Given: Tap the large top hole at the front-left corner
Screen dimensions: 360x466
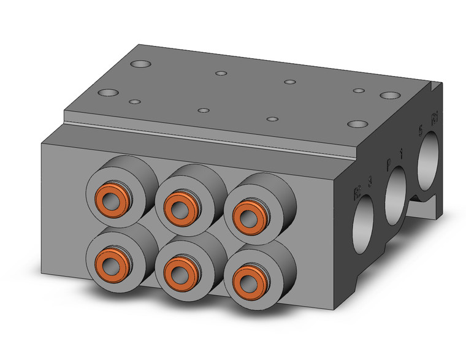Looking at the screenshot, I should (109, 93).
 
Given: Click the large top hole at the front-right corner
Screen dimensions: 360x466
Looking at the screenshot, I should (356, 124).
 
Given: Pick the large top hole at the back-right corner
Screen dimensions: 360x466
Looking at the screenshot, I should (389, 95).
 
